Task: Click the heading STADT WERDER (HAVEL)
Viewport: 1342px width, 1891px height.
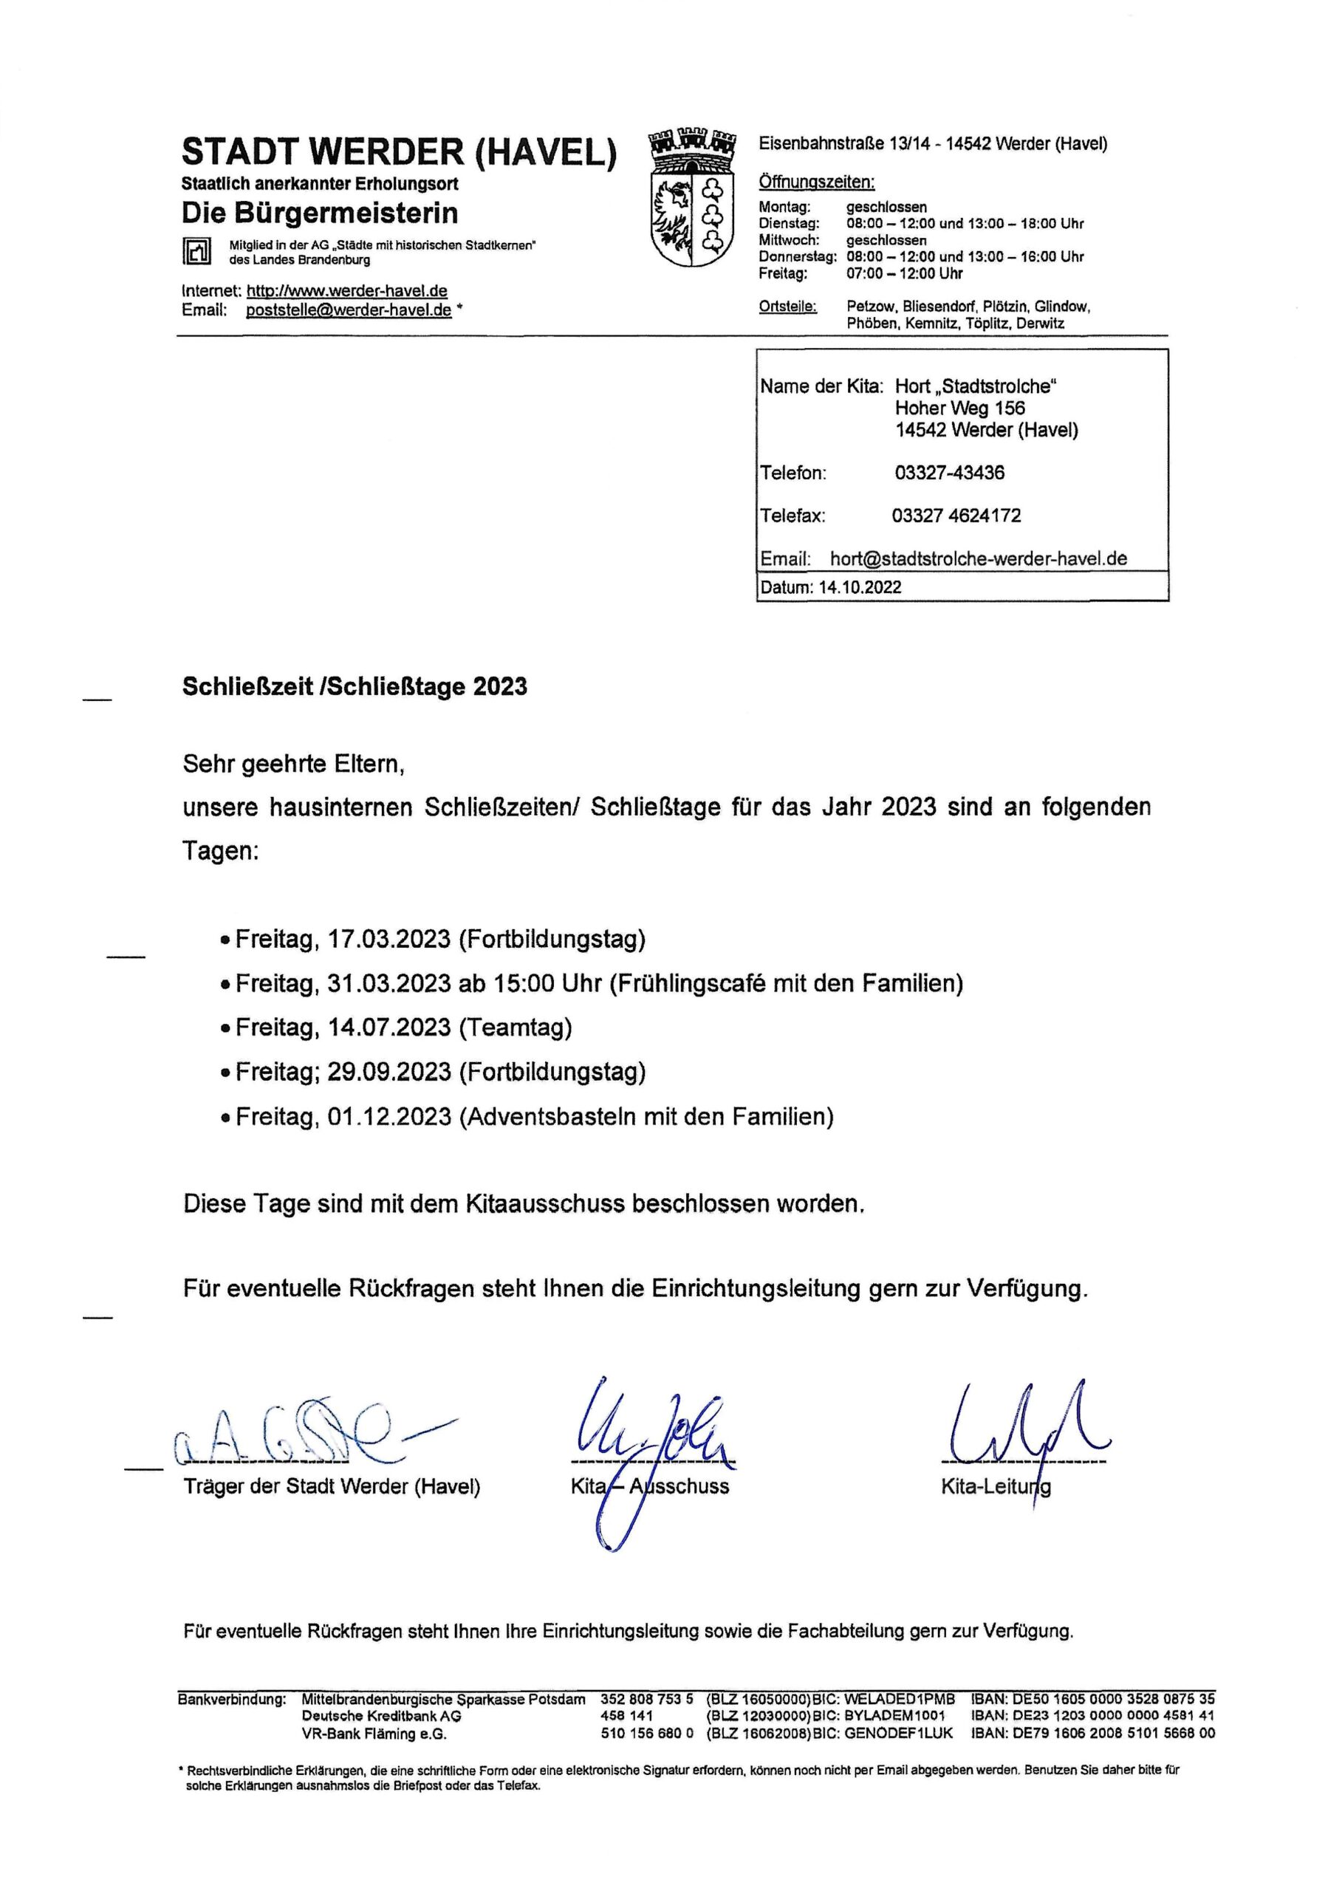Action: [399, 152]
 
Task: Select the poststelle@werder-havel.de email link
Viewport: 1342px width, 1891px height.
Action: [349, 311]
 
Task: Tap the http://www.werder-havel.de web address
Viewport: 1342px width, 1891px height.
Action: [347, 291]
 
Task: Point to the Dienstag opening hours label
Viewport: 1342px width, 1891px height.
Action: [789, 224]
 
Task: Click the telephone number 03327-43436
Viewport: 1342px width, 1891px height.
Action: [950, 473]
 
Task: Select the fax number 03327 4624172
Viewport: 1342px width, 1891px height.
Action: [956, 516]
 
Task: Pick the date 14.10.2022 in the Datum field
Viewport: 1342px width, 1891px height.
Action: [860, 588]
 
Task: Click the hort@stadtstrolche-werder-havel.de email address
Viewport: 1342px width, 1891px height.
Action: [979, 558]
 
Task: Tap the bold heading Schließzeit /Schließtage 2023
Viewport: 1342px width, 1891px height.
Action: [355, 687]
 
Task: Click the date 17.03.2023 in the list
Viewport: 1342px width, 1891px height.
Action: [389, 940]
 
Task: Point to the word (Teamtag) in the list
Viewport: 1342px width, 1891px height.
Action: [516, 1027]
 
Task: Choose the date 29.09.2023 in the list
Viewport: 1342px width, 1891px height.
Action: [389, 1072]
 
